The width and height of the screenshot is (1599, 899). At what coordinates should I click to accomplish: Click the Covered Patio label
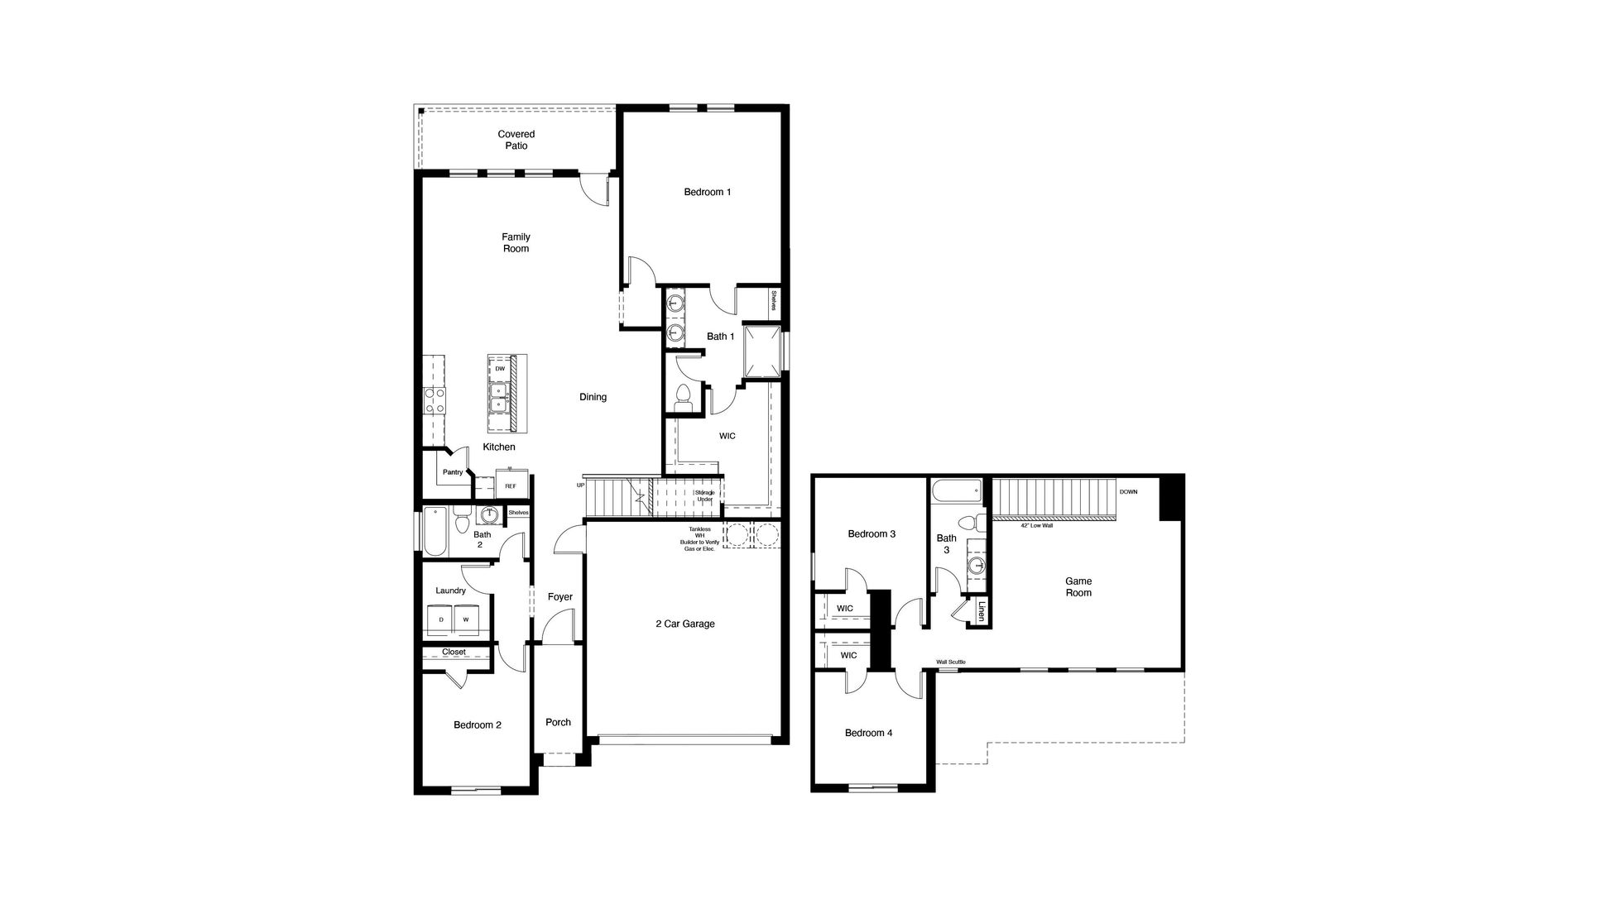(516, 140)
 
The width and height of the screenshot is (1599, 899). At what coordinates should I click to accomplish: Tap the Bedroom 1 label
(708, 193)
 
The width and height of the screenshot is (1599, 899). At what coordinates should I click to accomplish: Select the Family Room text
(516, 243)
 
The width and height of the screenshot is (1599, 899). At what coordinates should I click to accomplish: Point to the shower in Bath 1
(762, 351)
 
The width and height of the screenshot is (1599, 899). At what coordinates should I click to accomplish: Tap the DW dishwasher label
(500, 369)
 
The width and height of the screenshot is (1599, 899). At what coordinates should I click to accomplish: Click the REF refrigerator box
(510, 485)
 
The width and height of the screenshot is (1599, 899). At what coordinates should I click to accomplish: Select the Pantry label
(453, 472)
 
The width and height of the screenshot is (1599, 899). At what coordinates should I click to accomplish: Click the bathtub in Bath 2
(435, 531)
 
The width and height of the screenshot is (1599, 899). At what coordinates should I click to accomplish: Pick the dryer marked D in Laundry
(441, 619)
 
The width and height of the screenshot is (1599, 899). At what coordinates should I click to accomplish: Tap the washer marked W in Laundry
(466, 619)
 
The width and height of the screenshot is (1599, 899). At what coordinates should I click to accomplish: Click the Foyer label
(560, 597)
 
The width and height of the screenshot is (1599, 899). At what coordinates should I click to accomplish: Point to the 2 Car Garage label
(684, 624)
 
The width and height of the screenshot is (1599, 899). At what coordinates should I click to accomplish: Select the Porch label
(559, 723)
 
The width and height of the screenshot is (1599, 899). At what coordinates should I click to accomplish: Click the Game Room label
(1078, 587)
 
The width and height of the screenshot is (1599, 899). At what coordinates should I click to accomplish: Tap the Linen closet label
(982, 612)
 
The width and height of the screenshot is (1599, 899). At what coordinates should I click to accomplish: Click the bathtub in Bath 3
(956, 492)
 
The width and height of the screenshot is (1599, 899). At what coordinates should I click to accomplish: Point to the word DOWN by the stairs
(1128, 492)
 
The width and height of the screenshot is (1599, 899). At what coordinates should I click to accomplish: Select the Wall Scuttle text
(950, 662)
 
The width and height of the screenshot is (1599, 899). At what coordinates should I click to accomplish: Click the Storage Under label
(705, 496)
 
